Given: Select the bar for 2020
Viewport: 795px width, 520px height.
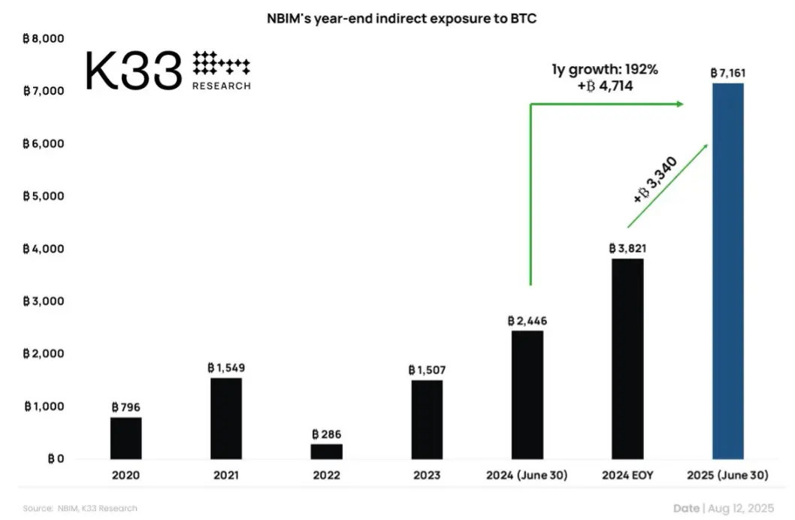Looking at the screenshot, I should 126,437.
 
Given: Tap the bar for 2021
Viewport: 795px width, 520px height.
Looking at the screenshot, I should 226,418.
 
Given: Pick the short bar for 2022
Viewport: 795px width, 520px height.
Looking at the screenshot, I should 326,451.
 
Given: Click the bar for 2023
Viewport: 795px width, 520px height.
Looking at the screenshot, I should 426,419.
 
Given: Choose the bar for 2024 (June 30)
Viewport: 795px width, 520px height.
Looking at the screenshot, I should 527,395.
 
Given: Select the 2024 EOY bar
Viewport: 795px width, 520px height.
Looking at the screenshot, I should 627,358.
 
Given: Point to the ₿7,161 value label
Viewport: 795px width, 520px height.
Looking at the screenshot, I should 727,73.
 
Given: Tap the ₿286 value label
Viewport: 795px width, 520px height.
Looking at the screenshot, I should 326,434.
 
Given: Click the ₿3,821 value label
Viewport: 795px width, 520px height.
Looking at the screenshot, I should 627,248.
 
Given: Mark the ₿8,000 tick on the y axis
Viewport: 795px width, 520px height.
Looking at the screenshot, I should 44,38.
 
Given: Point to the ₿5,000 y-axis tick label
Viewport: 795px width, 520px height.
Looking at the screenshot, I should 44,196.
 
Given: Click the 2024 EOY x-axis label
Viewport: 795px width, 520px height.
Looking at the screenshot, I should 627,476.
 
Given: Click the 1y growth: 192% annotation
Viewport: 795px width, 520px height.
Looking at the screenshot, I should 604,70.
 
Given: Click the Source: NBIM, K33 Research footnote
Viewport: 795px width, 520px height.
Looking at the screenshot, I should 80,509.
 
